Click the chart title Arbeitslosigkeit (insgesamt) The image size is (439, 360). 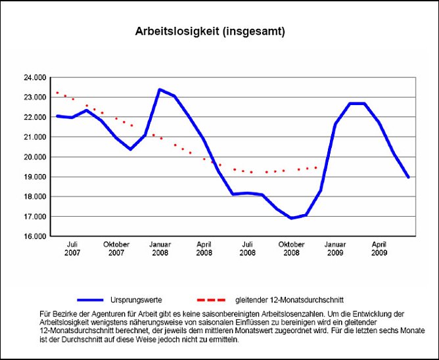click(x=210, y=31)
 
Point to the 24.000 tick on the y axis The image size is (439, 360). click(x=34, y=78)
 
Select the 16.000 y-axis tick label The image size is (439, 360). click(x=34, y=236)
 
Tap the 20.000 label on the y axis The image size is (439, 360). click(x=34, y=157)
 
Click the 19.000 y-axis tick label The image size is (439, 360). click(x=34, y=177)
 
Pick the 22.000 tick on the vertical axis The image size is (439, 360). click(x=34, y=117)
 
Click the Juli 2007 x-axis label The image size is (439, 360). click(x=72, y=248)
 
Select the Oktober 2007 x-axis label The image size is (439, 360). click(x=116, y=248)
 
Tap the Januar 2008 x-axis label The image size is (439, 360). click(x=160, y=248)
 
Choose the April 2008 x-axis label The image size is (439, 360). click(x=204, y=248)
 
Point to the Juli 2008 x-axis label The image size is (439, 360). click(x=248, y=248)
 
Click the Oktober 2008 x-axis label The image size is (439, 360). click(x=291, y=248)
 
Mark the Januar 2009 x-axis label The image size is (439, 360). click(x=335, y=248)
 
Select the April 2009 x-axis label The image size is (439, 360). click(x=379, y=248)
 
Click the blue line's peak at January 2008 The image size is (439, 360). click(x=160, y=89)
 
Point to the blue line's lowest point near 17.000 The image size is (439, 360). click(x=291, y=218)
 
